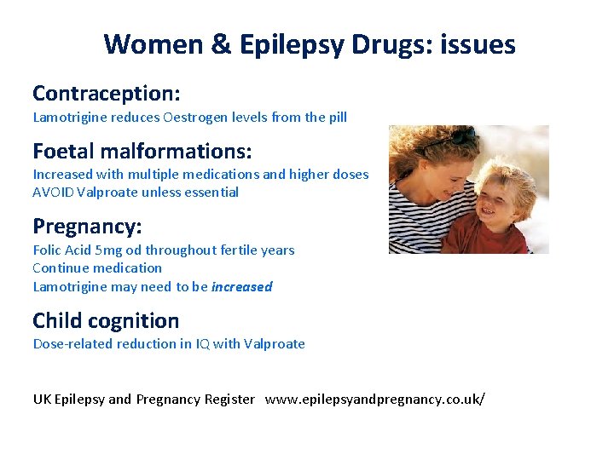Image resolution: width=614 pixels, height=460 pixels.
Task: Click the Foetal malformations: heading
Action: (x=142, y=151)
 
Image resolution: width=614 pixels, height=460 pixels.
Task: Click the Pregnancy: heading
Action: (x=87, y=227)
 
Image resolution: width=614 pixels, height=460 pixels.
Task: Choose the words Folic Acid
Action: (x=63, y=250)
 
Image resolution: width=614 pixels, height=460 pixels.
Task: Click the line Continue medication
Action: (x=97, y=268)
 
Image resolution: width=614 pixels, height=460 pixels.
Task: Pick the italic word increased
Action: (x=241, y=287)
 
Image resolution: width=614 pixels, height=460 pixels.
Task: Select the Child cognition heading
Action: (x=106, y=321)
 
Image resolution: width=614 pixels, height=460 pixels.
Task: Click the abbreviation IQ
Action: (x=200, y=344)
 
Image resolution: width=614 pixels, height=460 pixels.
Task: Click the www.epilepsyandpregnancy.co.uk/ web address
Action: (x=374, y=400)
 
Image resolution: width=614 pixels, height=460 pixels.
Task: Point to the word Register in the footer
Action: (x=229, y=400)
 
